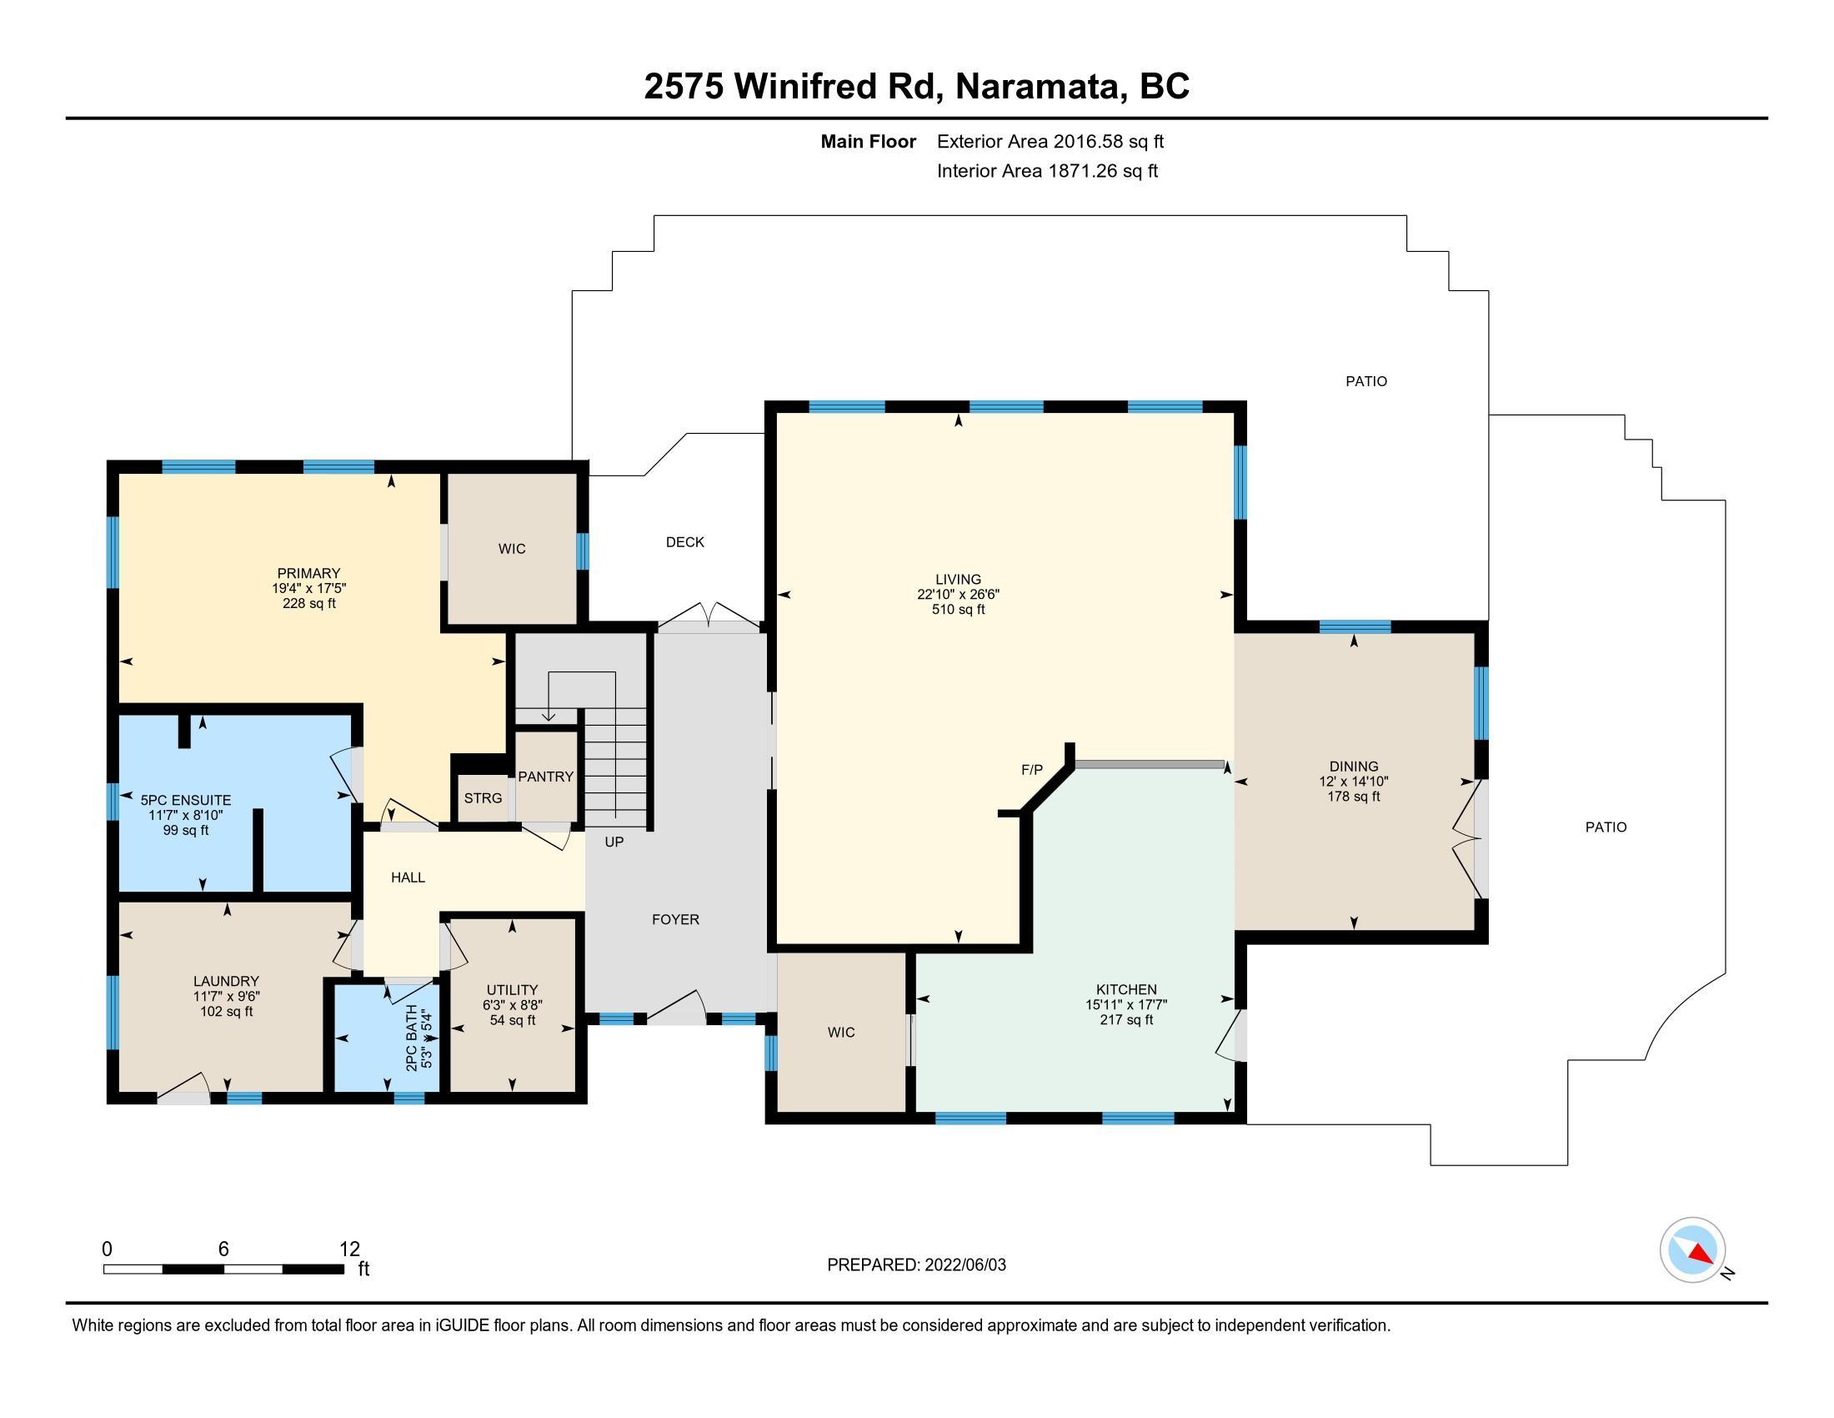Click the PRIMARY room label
click(309, 574)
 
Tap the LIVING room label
click(958, 580)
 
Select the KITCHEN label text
click(1126, 989)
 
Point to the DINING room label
click(1354, 766)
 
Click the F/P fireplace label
click(1031, 770)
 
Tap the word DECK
click(685, 543)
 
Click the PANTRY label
click(546, 777)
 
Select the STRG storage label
click(483, 798)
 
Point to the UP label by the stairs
click(614, 842)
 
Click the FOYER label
click(676, 920)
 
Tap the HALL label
click(408, 877)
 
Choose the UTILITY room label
click(512, 990)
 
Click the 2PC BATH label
click(412, 1038)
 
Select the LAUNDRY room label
click(226, 981)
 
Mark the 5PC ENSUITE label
click(186, 801)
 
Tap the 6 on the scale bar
click(223, 1250)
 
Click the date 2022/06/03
click(965, 1265)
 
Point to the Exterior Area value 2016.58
click(1088, 142)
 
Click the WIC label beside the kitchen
click(841, 1033)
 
